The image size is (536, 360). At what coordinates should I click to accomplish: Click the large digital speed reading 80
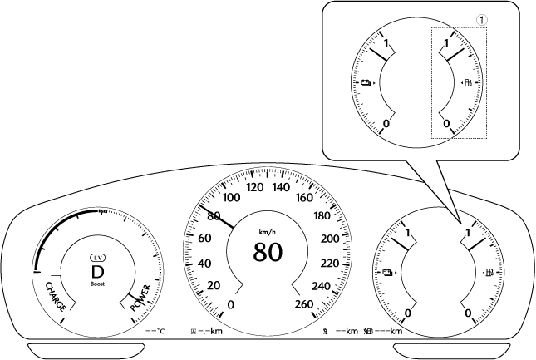pyautogui.click(x=268, y=251)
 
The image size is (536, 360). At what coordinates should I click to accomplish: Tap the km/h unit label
pyautogui.click(x=267, y=232)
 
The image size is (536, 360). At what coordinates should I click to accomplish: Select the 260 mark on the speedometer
pyautogui.click(x=305, y=303)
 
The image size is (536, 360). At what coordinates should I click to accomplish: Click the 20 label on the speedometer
pyautogui.click(x=212, y=285)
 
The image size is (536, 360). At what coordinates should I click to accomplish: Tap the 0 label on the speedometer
pyautogui.click(x=230, y=304)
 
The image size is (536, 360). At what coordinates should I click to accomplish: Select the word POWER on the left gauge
pyautogui.click(x=140, y=297)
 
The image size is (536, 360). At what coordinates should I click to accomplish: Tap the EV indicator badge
pyautogui.click(x=98, y=258)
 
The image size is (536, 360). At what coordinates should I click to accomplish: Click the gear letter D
pyautogui.click(x=98, y=271)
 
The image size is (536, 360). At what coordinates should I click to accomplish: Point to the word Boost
pyautogui.click(x=98, y=284)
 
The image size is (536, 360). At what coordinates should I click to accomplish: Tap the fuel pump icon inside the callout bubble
pyautogui.click(x=467, y=84)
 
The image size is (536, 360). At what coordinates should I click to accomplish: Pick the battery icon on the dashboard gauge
pyautogui.click(x=387, y=273)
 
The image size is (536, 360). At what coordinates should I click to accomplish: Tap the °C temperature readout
pyautogui.click(x=155, y=332)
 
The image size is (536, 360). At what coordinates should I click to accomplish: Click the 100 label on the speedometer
pyautogui.click(x=232, y=198)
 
